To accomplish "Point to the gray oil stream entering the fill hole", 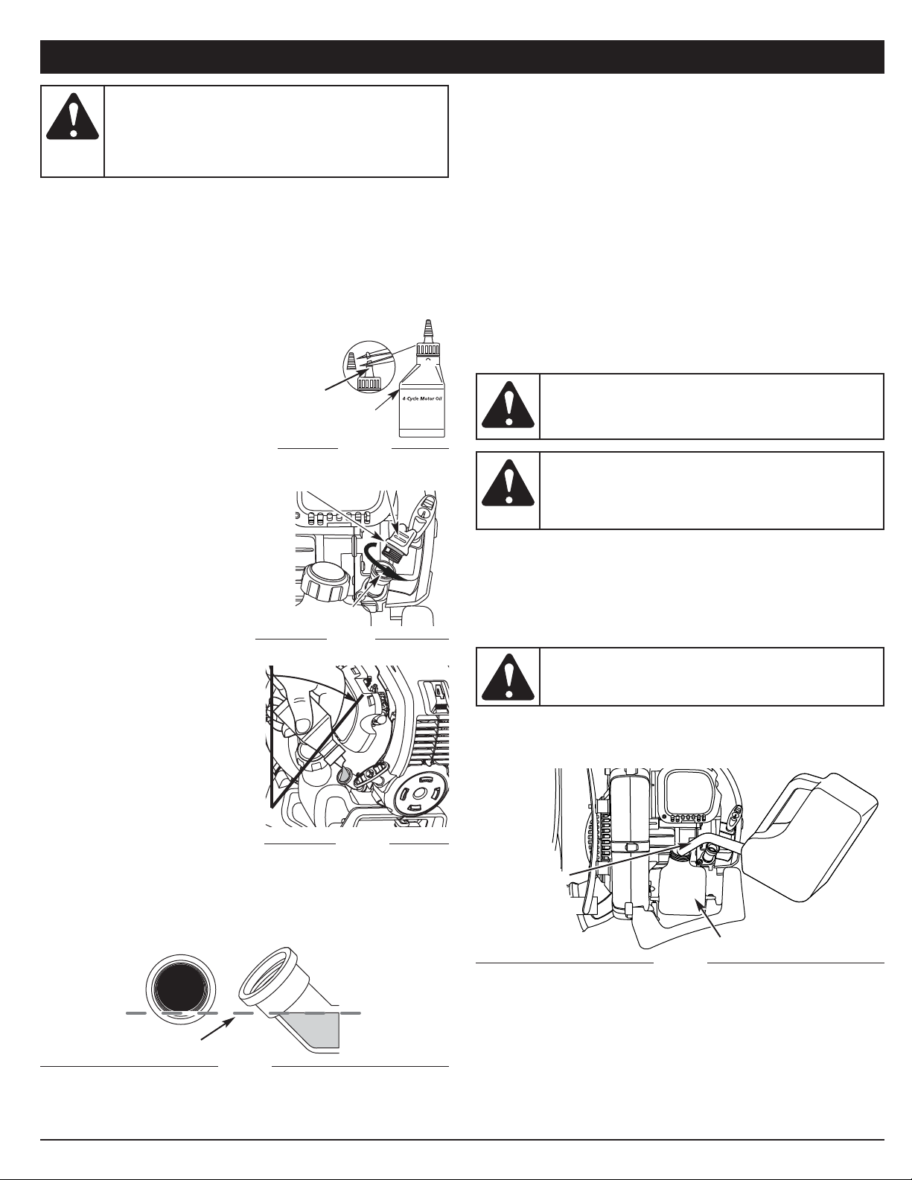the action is click(344, 776).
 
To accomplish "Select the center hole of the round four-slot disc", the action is click(418, 793).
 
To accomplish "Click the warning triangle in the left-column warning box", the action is click(72, 116).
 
